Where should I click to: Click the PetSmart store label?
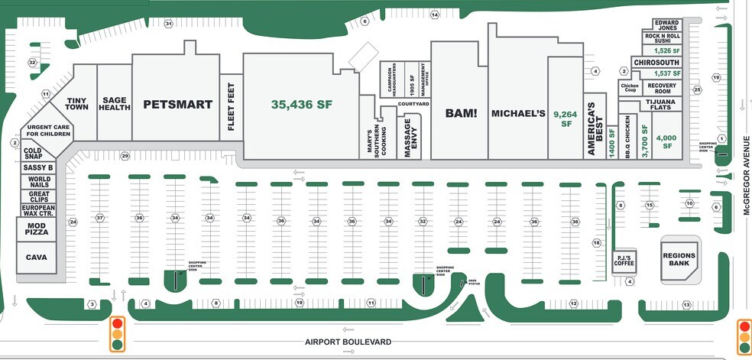click(178, 105)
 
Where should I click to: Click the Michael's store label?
click(518, 113)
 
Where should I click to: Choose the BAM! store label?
click(461, 113)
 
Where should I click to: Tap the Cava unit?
click(36, 258)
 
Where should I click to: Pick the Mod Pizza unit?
click(36, 229)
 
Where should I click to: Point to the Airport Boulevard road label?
click(348, 342)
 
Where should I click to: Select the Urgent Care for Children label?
click(49, 131)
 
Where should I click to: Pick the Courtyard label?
click(413, 103)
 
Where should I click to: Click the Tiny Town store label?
click(78, 104)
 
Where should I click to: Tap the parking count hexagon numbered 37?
click(99, 218)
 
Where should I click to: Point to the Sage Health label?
click(115, 104)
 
